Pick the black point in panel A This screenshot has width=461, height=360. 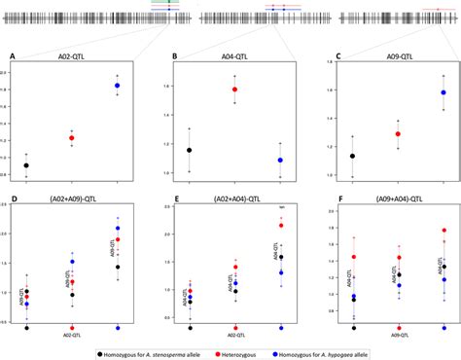coord(26,166)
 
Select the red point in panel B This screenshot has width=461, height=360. coord(234,90)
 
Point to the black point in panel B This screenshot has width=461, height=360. coord(189,151)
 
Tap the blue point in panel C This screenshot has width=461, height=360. coord(443,93)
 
